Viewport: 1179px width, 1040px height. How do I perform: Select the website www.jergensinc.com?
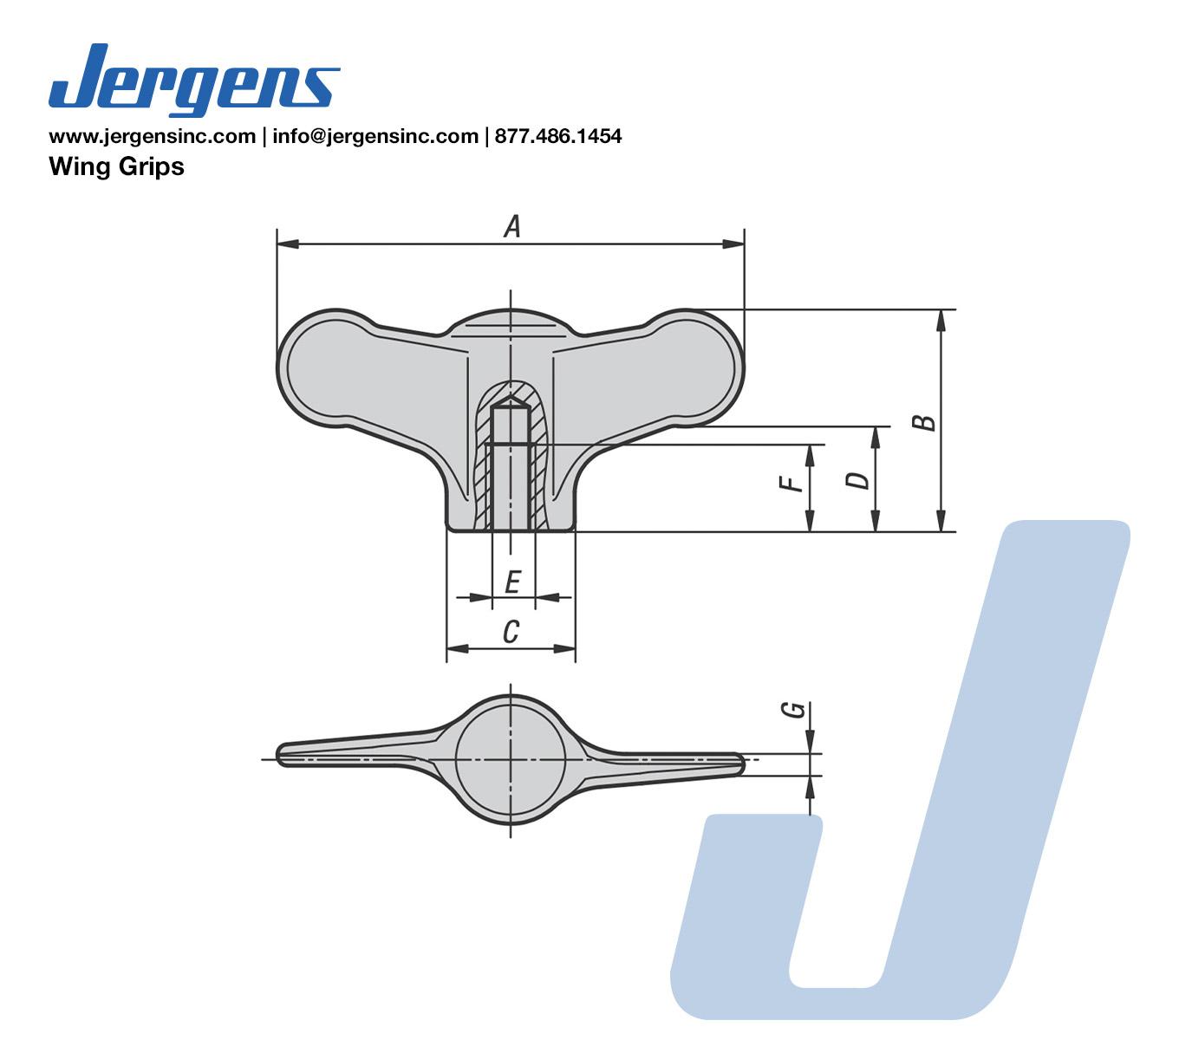153,136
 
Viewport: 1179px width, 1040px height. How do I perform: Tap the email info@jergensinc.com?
375,136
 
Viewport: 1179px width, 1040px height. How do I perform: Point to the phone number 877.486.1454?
558,136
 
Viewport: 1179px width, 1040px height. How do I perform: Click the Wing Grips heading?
116,166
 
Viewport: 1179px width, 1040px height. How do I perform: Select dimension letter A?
512,226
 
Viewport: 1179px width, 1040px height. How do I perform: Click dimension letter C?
511,632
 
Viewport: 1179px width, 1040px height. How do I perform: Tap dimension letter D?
857,480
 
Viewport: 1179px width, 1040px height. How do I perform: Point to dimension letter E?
512,582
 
